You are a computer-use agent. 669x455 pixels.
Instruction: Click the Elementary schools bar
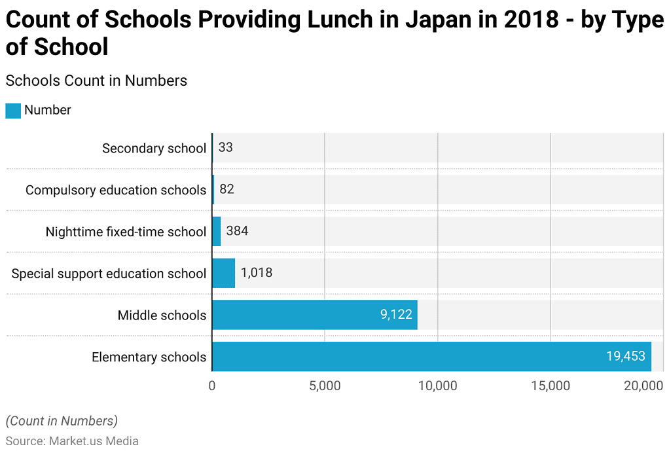(431, 357)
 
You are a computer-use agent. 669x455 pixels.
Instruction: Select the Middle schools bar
(314, 315)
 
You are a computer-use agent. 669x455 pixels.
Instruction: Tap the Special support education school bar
(223, 273)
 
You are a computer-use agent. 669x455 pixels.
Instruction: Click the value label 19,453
(625, 357)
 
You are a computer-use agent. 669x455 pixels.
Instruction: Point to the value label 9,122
(396, 315)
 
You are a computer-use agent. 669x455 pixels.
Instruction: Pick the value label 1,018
(257, 273)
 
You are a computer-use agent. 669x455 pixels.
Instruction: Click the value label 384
(237, 231)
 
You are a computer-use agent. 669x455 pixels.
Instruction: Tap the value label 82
(226, 190)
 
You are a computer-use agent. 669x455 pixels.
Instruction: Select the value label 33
(225, 148)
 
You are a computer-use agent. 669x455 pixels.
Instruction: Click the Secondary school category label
(154, 149)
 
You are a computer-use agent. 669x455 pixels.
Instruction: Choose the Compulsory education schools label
(116, 191)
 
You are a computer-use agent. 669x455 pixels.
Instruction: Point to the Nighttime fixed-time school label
(126, 232)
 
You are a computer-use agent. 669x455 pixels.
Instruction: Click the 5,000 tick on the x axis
(325, 386)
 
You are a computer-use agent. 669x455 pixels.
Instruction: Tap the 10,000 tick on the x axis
(437, 386)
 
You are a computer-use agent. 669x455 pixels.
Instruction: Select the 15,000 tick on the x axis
(550, 386)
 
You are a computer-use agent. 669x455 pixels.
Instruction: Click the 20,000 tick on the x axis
(643, 386)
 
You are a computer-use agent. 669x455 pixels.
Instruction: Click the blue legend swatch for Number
(13, 111)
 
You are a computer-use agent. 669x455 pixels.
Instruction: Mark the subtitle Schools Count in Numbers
(96, 81)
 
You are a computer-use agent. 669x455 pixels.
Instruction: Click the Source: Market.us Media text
(72, 441)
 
